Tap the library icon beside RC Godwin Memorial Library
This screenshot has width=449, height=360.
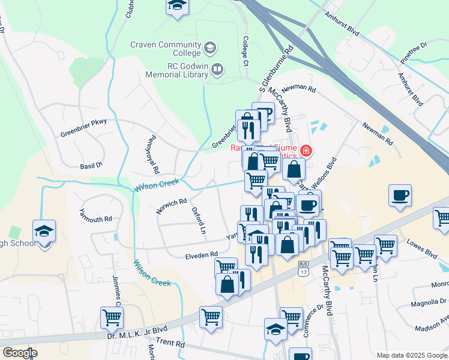click(x=217, y=71)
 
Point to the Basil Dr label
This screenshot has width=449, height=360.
click(x=91, y=165)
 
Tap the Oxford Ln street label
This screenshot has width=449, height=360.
click(x=199, y=221)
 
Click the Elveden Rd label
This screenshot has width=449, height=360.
click(x=201, y=255)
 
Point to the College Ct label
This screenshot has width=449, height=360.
click(x=245, y=50)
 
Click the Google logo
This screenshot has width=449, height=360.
click(x=20, y=353)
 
